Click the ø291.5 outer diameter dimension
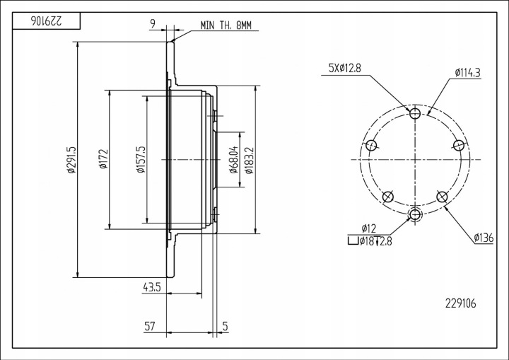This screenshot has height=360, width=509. pyautogui.click(x=71, y=160)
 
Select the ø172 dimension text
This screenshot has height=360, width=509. pyautogui.click(x=103, y=159)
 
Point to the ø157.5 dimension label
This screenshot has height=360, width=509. pyautogui.click(x=141, y=160)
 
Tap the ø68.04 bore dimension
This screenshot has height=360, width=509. pyautogui.click(x=234, y=160)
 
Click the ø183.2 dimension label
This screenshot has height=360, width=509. pyautogui.click(x=249, y=161)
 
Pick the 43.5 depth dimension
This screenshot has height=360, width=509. pyautogui.click(x=152, y=287)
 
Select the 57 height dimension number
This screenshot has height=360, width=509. pyautogui.click(x=150, y=326)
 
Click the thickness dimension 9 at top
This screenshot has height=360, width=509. pyautogui.click(x=153, y=23)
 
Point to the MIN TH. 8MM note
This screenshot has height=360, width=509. pyautogui.click(x=226, y=25)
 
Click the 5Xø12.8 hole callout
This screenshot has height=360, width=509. pyautogui.click(x=345, y=68)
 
